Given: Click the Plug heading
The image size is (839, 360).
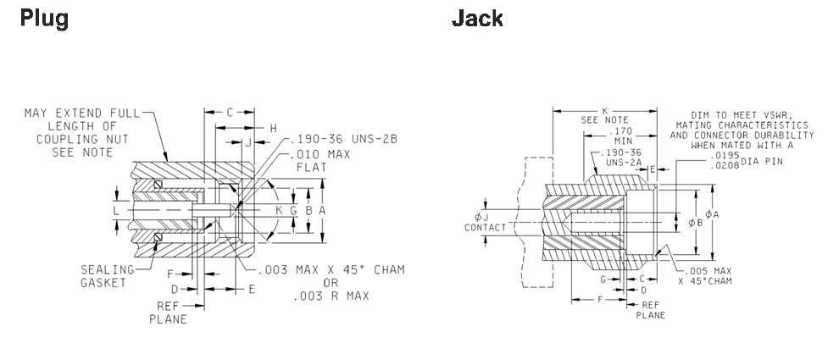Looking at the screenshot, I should click(x=43, y=19).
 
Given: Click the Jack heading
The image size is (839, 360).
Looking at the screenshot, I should click(x=477, y=19).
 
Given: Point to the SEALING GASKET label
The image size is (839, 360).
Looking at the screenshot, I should click(x=108, y=275).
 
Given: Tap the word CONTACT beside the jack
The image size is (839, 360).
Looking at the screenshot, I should click(x=485, y=227).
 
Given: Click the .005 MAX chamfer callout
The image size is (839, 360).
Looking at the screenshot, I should click(x=703, y=270).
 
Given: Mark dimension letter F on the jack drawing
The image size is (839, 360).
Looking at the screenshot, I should click(x=600, y=299).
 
